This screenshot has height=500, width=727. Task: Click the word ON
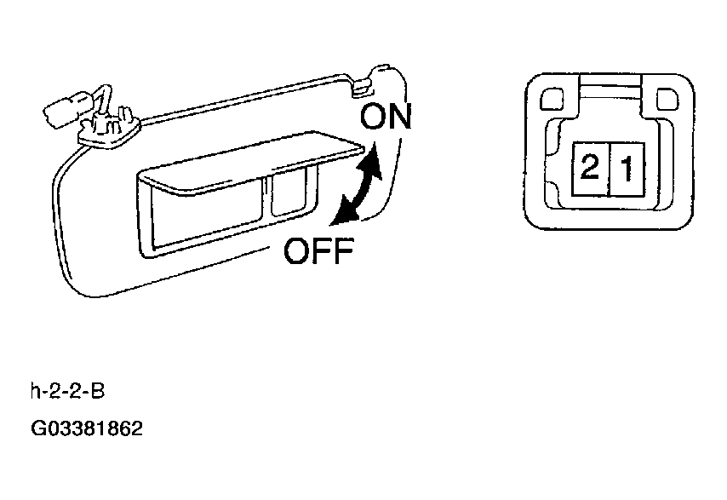(386, 117)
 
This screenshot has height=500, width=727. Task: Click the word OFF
(318, 251)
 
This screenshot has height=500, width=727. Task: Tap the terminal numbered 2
(589, 169)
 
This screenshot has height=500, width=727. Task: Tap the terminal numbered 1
(626, 169)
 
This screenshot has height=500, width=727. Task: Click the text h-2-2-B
(68, 391)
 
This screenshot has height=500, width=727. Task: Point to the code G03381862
(87, 428)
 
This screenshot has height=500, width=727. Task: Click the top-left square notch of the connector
(552, 100)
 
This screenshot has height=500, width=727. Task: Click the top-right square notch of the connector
(667, 100)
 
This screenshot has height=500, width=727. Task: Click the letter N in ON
(399, 117)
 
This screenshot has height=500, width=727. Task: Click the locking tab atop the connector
(610, 91)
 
